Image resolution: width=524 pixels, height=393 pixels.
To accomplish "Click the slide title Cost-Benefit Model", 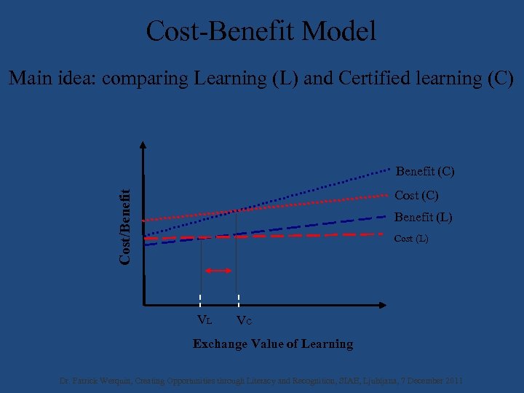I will click(261, 31).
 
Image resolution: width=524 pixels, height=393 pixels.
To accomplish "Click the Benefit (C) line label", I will click(425, 172).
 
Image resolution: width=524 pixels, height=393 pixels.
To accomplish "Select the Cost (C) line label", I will click(416, 195).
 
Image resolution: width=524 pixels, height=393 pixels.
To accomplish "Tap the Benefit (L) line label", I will click(423, 217).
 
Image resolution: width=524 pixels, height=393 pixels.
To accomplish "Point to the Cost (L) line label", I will click(411, 239).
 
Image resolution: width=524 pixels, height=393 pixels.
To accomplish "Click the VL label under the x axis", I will click(205, 319).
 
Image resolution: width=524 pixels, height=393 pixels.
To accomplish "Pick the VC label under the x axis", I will click(244, 321).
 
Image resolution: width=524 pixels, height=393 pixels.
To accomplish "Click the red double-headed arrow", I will click(218, 271).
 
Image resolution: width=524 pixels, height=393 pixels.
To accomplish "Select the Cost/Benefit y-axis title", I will click(126, 226).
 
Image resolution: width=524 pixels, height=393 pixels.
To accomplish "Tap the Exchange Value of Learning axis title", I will click(273, 344).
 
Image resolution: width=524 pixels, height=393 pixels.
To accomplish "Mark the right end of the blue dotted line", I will click(390, 170).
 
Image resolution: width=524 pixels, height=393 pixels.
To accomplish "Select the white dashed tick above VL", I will click(200, 300).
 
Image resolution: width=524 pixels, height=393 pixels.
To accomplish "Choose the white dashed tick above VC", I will click(239, 300).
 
